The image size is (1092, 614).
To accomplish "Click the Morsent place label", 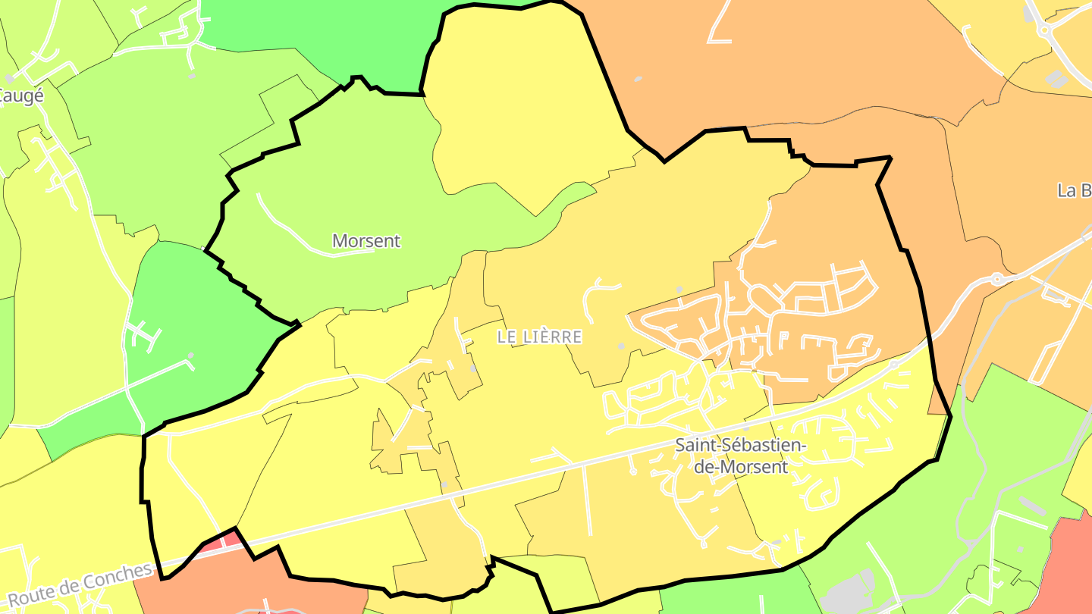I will pos(366,241).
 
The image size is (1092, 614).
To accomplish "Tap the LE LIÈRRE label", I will pos(539,337).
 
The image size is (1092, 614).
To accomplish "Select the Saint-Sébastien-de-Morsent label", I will pos(742,456).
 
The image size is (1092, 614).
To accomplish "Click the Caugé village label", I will pos(21,96).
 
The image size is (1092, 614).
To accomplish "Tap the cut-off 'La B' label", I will pos(1074,190).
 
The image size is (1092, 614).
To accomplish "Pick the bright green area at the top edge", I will pos(318,30).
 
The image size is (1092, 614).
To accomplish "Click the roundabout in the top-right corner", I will pos(1044,30).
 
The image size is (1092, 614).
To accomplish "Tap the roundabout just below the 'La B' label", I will pos(998,279).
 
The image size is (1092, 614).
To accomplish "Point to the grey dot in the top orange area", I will pos(638,79).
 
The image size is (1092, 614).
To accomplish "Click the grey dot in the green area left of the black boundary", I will pos(190,355).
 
